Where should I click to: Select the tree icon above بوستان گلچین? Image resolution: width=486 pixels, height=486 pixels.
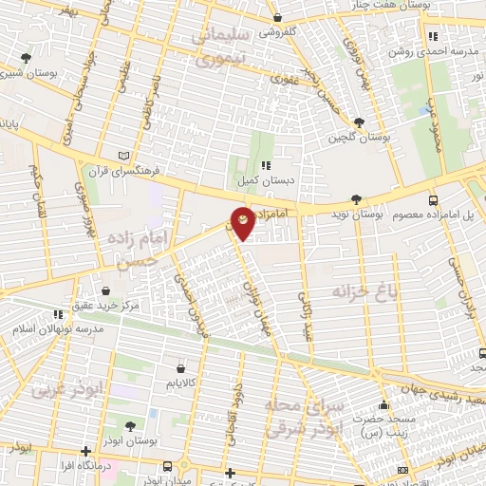[358, 122]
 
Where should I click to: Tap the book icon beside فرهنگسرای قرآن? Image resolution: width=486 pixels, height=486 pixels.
[121, 156]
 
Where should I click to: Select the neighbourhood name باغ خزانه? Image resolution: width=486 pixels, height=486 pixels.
[362, 289]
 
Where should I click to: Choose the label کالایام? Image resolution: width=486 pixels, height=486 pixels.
[178, 383]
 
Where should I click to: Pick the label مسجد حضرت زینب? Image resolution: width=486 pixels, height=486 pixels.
[383, 423]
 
